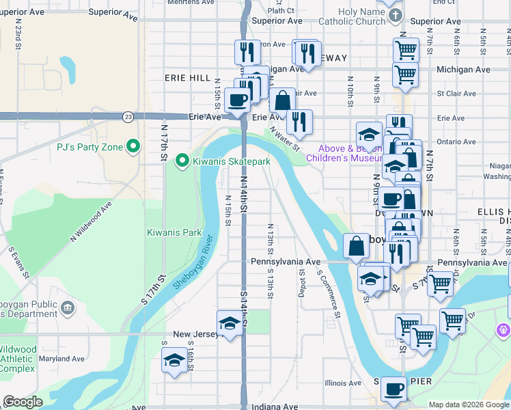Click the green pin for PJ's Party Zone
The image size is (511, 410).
[x=133, y=146]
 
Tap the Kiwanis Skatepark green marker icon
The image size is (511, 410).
[x=182, y=161]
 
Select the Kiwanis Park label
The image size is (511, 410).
[x=174, y=232]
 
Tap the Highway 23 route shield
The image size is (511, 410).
[x=128, y=117]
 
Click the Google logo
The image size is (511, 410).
[x=23, y=402]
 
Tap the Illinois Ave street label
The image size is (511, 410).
[x=343, y=383]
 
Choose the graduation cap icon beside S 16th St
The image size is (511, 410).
[x=174, y=360]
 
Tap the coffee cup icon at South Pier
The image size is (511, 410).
[x=393, y=389]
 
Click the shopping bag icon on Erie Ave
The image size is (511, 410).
[x=282, y=100]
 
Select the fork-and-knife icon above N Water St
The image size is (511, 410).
[x=299, y=122]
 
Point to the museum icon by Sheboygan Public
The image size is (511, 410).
[x=68, y=308]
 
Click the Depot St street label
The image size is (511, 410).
[x=302, y=282]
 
